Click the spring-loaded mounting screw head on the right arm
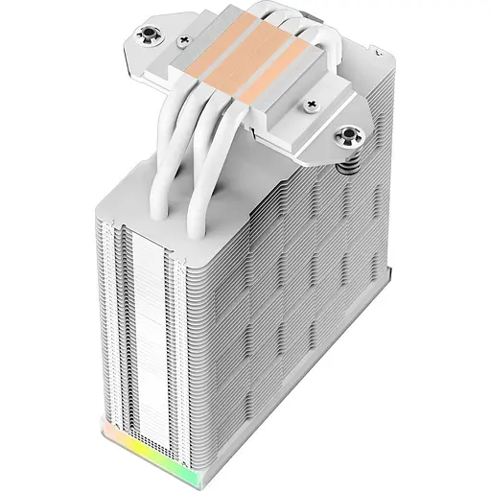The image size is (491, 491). tap(346, 137)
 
